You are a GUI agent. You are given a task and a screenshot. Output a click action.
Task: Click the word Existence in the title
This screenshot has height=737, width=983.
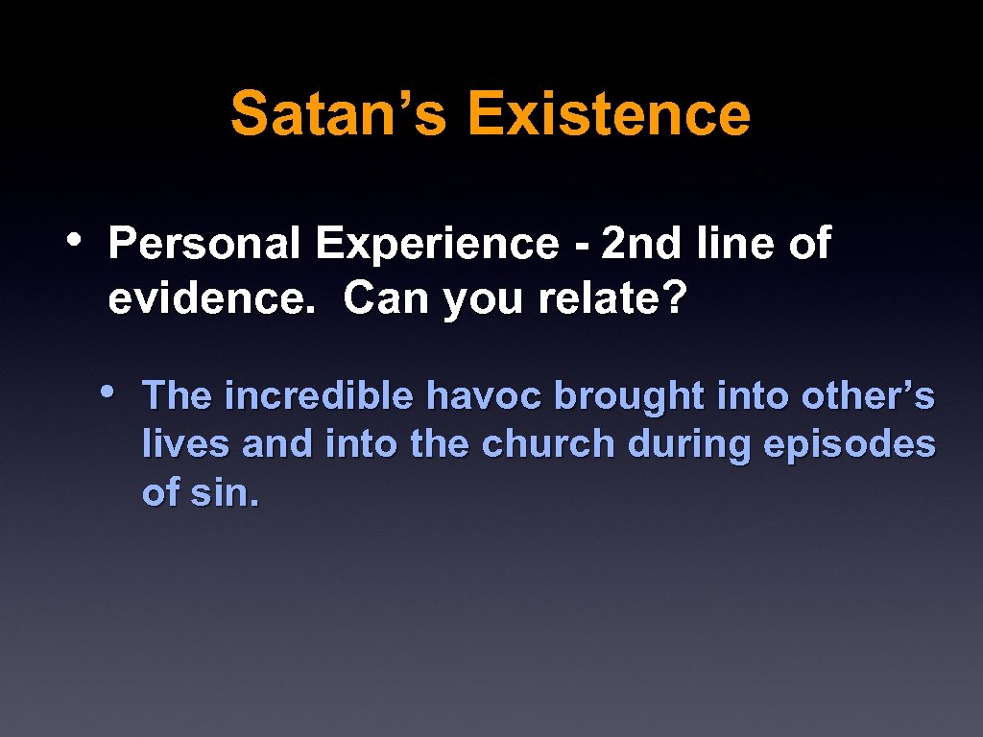pos(609,113)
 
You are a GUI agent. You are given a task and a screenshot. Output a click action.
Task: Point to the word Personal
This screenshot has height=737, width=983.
pos(204,244)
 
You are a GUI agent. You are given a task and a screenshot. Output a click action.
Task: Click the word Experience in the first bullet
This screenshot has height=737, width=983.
pos(437,244)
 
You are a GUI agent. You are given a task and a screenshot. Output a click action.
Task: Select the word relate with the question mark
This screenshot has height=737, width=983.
pos(612,299)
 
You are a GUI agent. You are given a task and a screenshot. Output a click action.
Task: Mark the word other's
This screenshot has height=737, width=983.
pos(868,395)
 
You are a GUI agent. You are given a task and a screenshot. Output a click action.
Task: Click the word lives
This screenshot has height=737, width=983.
pos(186,444)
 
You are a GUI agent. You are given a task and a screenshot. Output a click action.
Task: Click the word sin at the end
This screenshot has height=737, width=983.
pos(226,493)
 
